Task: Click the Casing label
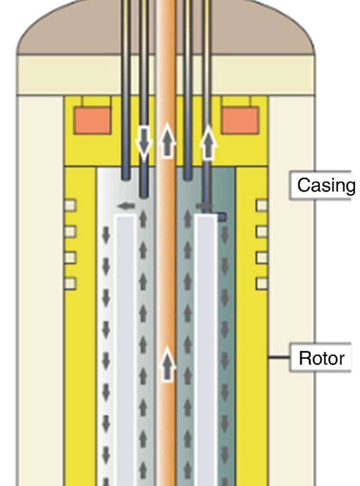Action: point(325,185)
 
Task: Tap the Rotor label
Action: point(321,358)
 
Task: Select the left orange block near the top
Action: point(92,120)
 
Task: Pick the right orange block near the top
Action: point(240,120)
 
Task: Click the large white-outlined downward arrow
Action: point(143,142)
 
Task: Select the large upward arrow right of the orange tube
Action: point(209,142)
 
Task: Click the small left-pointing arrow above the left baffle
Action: point(127,205)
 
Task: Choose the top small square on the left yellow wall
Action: point(70,205)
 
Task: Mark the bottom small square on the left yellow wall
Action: point(70,284)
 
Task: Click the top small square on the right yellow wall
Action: point(261,205)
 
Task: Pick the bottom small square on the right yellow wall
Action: point(261,284)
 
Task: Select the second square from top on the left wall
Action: point(70,231)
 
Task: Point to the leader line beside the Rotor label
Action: point(279,358)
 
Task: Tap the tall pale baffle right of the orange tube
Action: point(206,349)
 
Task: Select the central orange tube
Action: point(166,262)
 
